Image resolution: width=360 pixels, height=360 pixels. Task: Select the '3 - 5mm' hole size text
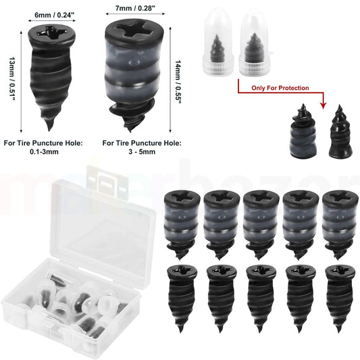(x=126, y=153)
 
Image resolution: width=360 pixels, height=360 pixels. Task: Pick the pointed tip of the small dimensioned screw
(x=49, y=125)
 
